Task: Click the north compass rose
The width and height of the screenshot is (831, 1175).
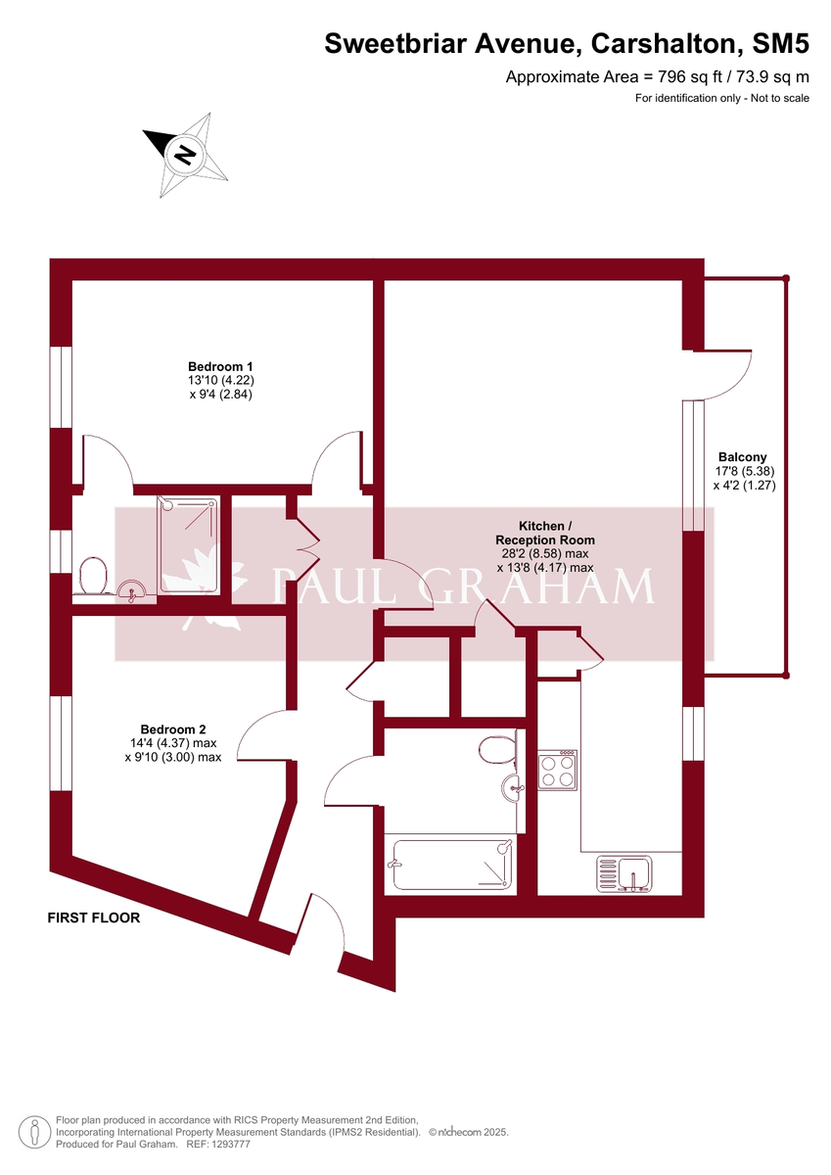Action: point(185,154)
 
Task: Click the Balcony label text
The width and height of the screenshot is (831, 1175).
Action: point(742,456)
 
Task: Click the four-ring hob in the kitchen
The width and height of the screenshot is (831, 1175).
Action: point(557,770)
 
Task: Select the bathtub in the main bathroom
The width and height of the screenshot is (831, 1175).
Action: point(451,865)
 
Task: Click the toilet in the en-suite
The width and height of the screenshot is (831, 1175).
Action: point(93,575)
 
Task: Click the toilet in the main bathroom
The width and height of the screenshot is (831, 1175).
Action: point(496,752)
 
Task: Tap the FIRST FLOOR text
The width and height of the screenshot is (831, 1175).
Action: point(94,918)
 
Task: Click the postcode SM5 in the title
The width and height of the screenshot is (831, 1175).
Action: point(780,43)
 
